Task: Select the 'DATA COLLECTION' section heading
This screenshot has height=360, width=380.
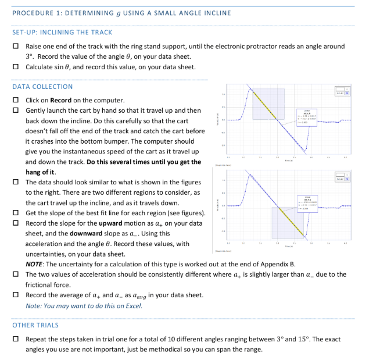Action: pos(42,87)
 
